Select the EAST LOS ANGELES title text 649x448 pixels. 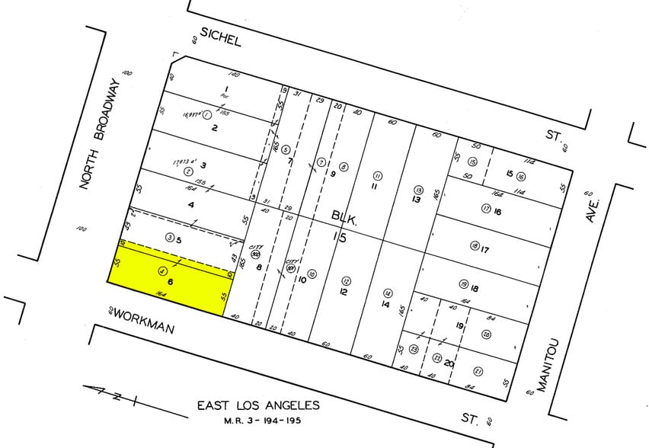point(258,405)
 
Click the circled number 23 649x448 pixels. point(414,350)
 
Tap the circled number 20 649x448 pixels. point(487,334)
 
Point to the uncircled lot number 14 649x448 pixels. point(386,305)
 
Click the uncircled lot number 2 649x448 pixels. point(215,127)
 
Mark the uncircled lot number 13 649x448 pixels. point(416,200)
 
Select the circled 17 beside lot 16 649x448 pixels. point(485,208)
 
